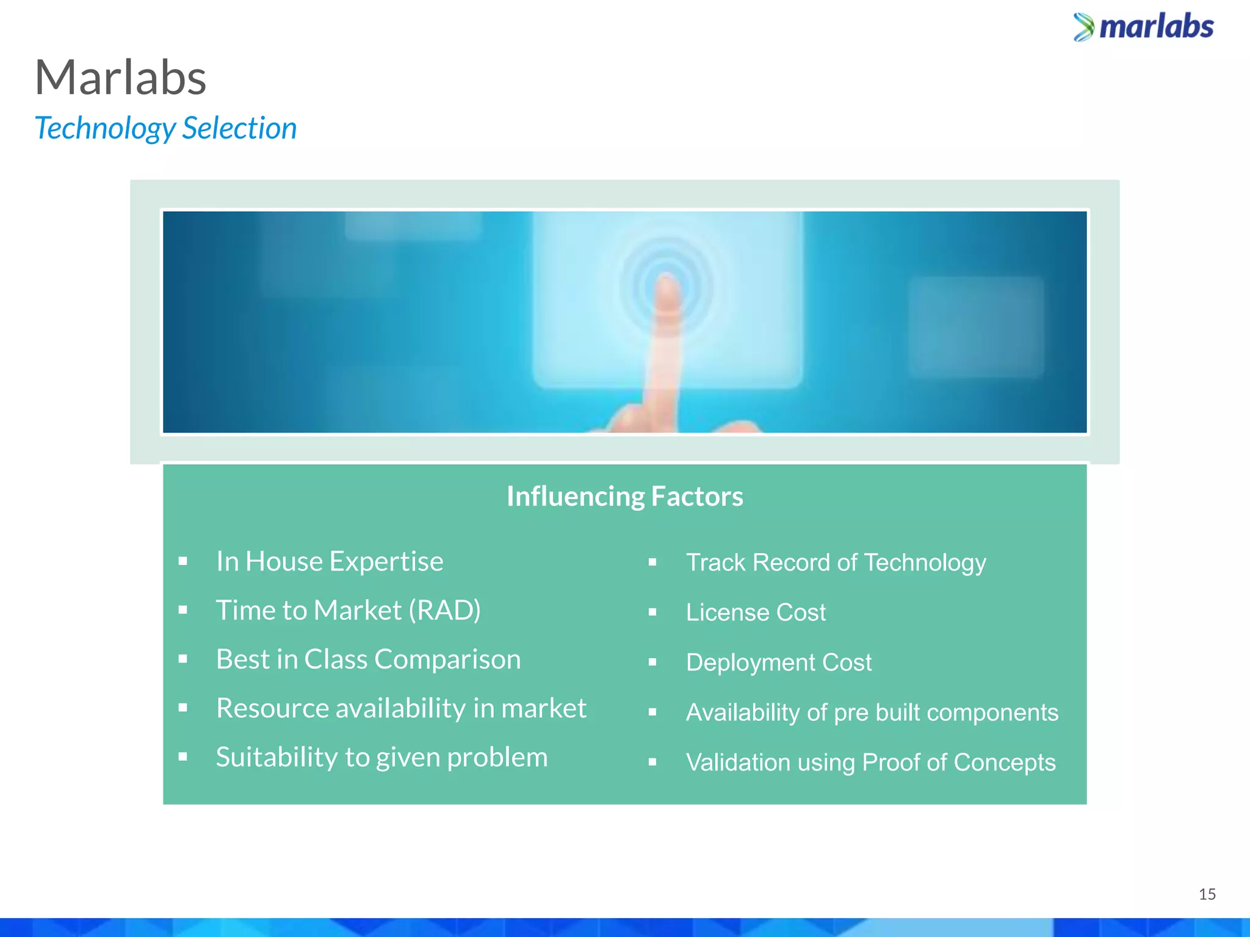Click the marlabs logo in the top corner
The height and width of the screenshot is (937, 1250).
(1143, 27)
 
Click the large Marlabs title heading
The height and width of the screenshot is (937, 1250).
(121, 78)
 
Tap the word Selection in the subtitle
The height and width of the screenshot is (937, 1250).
(239, 129)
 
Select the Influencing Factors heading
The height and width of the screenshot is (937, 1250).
(624, 497)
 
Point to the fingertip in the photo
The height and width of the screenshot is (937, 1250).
(667, 288)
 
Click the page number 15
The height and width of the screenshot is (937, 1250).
(1207, 894)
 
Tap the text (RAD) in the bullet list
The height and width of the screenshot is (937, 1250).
(444, 611)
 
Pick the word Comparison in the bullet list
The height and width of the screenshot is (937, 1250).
(447, 659)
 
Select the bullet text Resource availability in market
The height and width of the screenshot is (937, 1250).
(401, 709)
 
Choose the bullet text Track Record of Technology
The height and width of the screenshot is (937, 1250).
(836, 562)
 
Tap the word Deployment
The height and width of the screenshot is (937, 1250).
(750, 662)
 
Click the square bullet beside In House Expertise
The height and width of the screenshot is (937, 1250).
(182, 561)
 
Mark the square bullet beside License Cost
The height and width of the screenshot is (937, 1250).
(652, 612)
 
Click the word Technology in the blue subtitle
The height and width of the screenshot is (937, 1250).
(105, 129)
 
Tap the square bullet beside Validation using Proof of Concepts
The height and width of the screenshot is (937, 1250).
(652, 762)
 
